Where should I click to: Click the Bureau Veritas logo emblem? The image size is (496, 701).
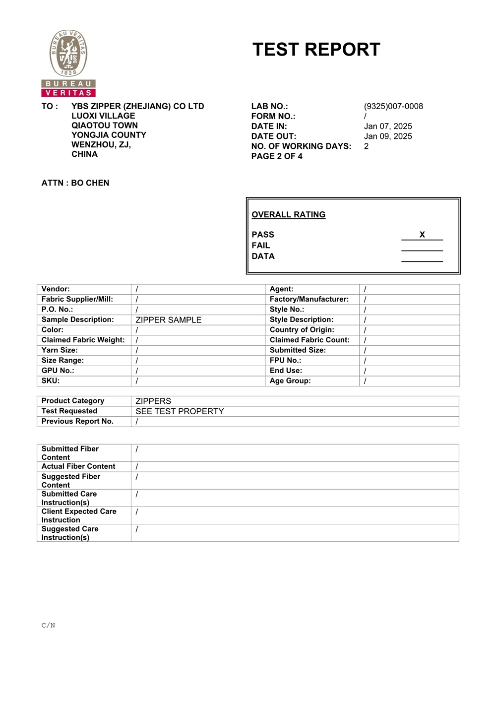(x=68, y=54)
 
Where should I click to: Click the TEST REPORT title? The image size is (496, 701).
(x=316, y=50)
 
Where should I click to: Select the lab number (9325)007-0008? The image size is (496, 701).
(x=393, y=106)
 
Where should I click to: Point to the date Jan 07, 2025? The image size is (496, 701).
(x=388, y=126)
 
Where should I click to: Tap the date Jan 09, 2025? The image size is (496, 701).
(x=388, y=136)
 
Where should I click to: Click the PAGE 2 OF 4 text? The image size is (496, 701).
(x=277, y=156)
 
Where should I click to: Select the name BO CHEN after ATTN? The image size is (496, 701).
(x=90, y=183)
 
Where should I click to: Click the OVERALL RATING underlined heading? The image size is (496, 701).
(x=289, y=214)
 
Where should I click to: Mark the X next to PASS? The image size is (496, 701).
(x=422, y=235)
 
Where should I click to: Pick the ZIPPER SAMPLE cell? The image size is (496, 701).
(x=169, y=320)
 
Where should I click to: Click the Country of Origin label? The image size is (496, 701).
(x=302, y=329)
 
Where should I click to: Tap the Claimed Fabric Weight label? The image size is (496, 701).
(x=83, y=340)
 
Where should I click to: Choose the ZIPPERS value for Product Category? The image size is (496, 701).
(x=153, y=401)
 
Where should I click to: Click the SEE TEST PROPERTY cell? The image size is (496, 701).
(x=180, y=411)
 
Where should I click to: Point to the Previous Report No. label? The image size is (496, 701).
(x=77, y=421)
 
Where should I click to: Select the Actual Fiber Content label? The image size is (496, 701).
(x=78, y=466)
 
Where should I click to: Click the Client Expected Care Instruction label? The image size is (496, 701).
(x=79, y=515)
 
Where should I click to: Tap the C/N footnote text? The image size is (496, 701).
(x=48, y=625)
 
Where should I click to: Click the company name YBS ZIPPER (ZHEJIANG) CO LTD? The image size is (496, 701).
(x=138, y=106)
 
